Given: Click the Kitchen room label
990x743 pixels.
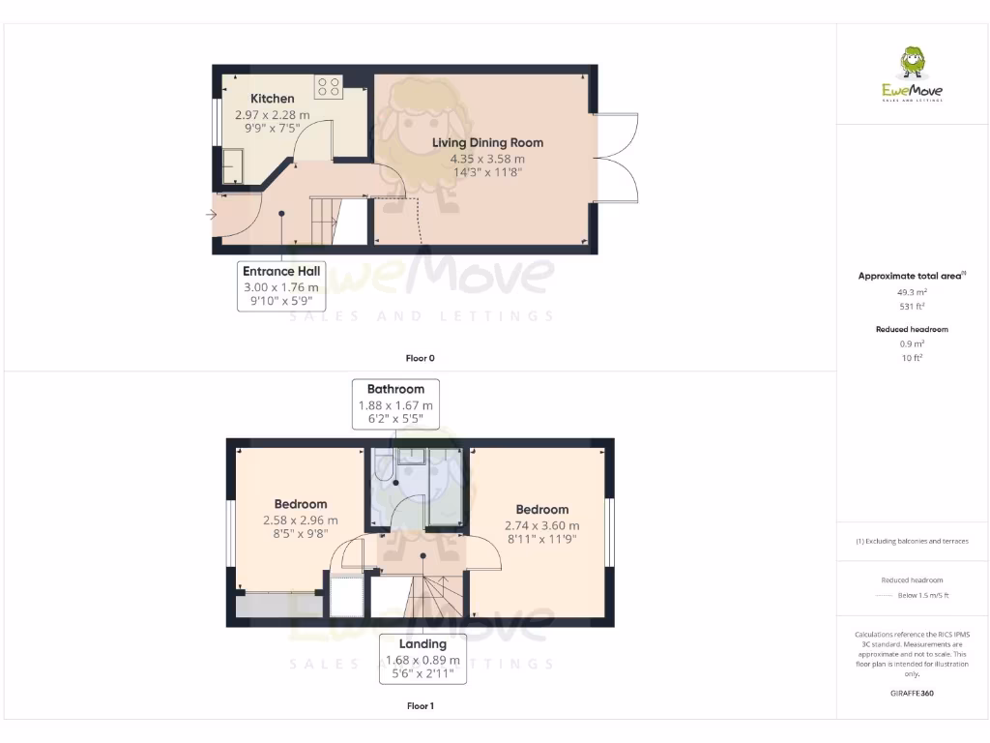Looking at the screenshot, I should point(273,99).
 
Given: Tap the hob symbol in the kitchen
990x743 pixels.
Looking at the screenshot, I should point(328,87).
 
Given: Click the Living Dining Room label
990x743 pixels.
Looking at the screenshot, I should point(487,142).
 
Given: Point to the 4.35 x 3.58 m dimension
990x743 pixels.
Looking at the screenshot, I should point(487,159).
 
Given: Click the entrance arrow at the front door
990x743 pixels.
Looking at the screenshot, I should point(211,215).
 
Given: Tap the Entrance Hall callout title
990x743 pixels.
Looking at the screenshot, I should point(281,271).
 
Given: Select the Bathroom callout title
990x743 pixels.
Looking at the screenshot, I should point(395,389).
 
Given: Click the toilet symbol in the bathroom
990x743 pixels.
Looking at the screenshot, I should point(382,468).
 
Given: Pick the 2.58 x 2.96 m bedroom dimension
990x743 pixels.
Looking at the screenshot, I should point(301,520).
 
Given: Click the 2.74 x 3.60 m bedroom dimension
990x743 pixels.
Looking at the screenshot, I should point(541,525).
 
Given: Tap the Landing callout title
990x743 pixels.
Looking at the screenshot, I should point(423,644).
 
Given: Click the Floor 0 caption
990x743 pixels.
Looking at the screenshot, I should point(420,358).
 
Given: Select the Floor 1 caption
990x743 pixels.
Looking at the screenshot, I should point(420,706).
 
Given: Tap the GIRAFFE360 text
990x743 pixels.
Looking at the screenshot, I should point(913,694).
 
